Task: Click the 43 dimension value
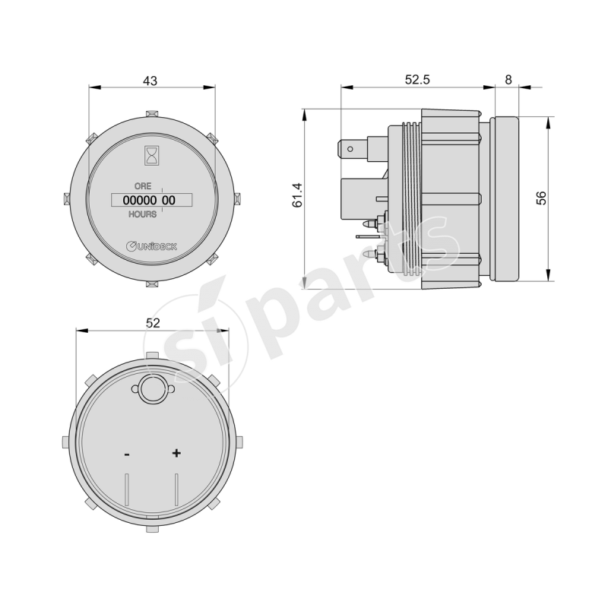pos(150,81)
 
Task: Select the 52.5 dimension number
pos(417,80)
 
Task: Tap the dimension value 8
pos(508,80)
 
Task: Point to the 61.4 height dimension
pos(298,195)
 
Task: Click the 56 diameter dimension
pos(541,198)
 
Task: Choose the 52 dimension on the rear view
pos(153,322)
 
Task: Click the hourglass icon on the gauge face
pos(151,156)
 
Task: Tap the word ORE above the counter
pos(143,186)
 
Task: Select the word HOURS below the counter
pos(143,214)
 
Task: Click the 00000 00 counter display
pos(151,200)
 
